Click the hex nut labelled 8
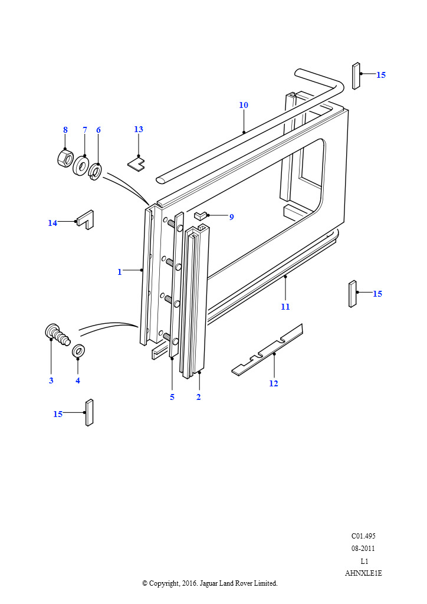point(65,157)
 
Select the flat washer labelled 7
point(81,165)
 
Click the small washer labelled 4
point(78,352)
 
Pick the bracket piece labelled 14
point(86,219)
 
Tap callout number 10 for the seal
point(244,106)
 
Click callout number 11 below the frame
point(285,307)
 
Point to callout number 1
point(120,272)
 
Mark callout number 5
point(172,397)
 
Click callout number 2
point(199,397)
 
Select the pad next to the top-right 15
point(356,75)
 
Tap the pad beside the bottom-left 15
point(89,412)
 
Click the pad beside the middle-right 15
point(353,294)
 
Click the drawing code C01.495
point(363,536)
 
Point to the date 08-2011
point(363,549)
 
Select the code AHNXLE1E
point(363,573)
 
